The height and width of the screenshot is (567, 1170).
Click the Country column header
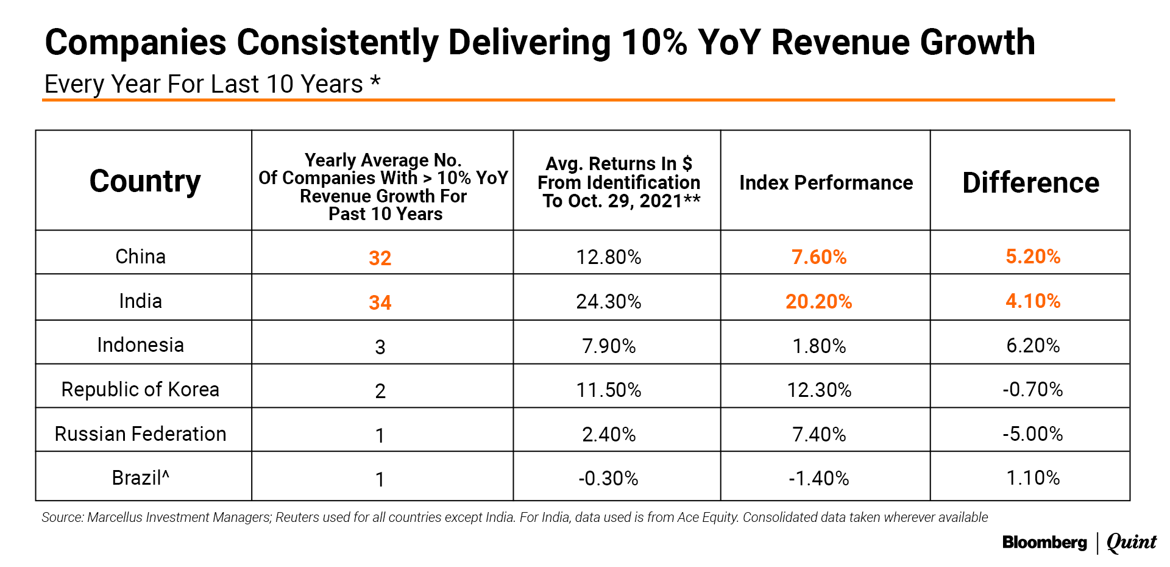(x=144, y=181)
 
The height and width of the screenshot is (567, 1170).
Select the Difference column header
(x=1030, y=182)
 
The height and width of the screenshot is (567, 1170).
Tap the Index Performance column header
(x=826, y=182)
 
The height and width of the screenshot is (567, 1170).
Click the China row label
(x=140, y=256)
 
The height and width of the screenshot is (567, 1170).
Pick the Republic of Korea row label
(x=140, y=389)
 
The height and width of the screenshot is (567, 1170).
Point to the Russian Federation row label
(x=140, y=433)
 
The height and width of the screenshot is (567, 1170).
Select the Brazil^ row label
(x=140, y=477)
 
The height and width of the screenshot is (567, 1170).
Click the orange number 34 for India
(x=380, y=302)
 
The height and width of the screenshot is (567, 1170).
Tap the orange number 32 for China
(x=380, y=258)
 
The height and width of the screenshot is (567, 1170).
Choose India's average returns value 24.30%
(x=608, y=301)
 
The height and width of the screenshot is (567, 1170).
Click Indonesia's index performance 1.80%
(x=819, y=346)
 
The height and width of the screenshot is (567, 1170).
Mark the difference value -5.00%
(x=1032, y=433)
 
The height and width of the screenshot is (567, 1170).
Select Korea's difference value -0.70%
(x=1032, y=389)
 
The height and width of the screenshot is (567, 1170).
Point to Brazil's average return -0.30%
(x=608, y=478)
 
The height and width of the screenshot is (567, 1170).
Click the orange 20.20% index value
(x=818, y=301)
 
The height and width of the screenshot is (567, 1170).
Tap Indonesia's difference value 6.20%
(x=1032, y=345)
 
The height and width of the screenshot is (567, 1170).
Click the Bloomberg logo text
(x=1044, y=542)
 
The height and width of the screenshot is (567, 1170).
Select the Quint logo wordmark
(x=1131, y=542)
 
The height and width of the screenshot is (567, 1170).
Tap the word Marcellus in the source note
(x=117, y=517)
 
